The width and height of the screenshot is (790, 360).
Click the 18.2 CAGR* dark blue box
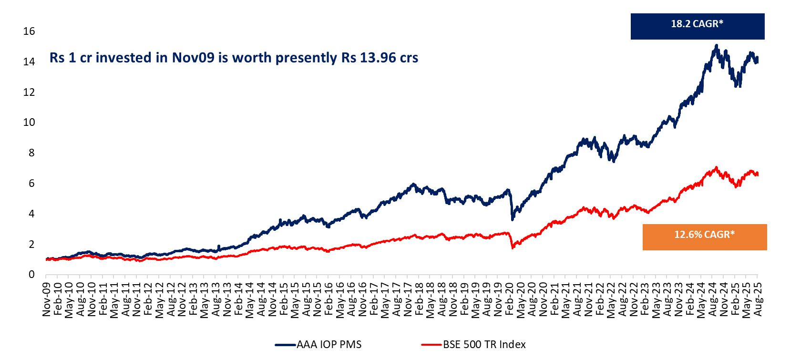tap(697, 26)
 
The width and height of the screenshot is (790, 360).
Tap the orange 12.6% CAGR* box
tap(704, 237)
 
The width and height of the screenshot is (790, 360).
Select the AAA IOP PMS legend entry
tap(318, 344)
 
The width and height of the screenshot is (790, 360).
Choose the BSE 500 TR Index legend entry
tap(474, 344)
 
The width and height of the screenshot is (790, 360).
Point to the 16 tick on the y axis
tap(29, 31)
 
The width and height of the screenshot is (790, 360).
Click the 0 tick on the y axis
tap(31, 275)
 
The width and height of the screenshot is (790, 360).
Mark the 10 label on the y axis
tap(29, 123)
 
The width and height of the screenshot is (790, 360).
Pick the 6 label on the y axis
tap(31, 184)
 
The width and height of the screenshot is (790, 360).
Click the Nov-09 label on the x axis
tap(46, 299)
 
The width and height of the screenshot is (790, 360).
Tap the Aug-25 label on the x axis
tap(758, 299)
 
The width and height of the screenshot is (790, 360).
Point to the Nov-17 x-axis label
tap(408, 299)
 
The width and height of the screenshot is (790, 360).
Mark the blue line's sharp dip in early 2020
tap(513, 219)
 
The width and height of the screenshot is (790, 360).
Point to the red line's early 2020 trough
tap(513, 247)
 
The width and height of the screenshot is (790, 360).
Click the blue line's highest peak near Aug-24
tap(716, 46)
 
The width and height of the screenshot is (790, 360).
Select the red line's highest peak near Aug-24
tap(716, 168)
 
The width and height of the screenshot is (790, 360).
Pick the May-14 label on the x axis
tap(249, 299)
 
